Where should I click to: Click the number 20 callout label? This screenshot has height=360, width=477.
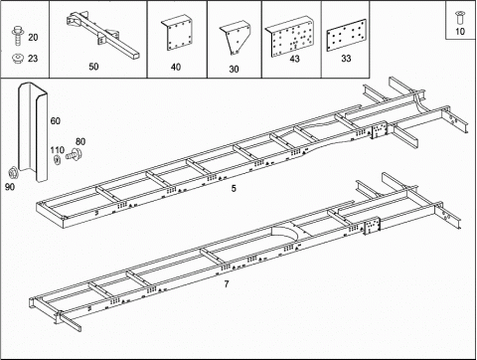[x=34, y=37]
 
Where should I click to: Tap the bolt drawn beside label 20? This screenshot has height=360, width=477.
[x=14, y=37]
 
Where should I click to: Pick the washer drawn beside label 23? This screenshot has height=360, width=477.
[x=14, y=57]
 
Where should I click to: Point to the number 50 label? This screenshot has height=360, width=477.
[x=93, y=67]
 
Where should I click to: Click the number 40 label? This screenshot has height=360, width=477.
[x=176, y=67]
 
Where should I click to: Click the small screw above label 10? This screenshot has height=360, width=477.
[x=459, y=14]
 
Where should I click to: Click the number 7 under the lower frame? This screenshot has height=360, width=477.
[x=227, y=285]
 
